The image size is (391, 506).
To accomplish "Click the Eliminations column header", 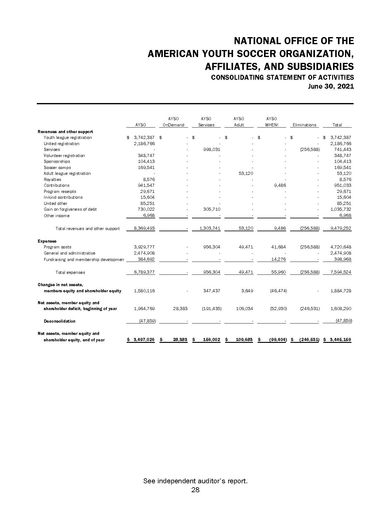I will (304, 125).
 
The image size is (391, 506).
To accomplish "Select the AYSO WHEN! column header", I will (271, 122).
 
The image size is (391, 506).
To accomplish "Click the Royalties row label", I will (52, 179).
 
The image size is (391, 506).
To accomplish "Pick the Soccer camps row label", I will (57, 167).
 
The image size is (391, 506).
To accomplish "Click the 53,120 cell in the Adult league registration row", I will (246, 173).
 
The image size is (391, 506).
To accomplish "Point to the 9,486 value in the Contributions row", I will (279, 185).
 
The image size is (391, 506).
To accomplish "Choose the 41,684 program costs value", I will (278, 247).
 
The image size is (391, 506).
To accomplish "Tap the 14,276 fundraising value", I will (278, 259).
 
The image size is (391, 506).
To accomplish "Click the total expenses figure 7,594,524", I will (341, 272).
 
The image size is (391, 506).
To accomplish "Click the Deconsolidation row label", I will (59, 321).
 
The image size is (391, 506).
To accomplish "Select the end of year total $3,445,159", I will (340, 340).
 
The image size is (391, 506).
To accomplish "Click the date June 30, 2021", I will (331, 86).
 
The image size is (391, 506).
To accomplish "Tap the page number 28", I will (195, 490).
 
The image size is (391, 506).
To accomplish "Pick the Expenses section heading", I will (47, 241).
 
